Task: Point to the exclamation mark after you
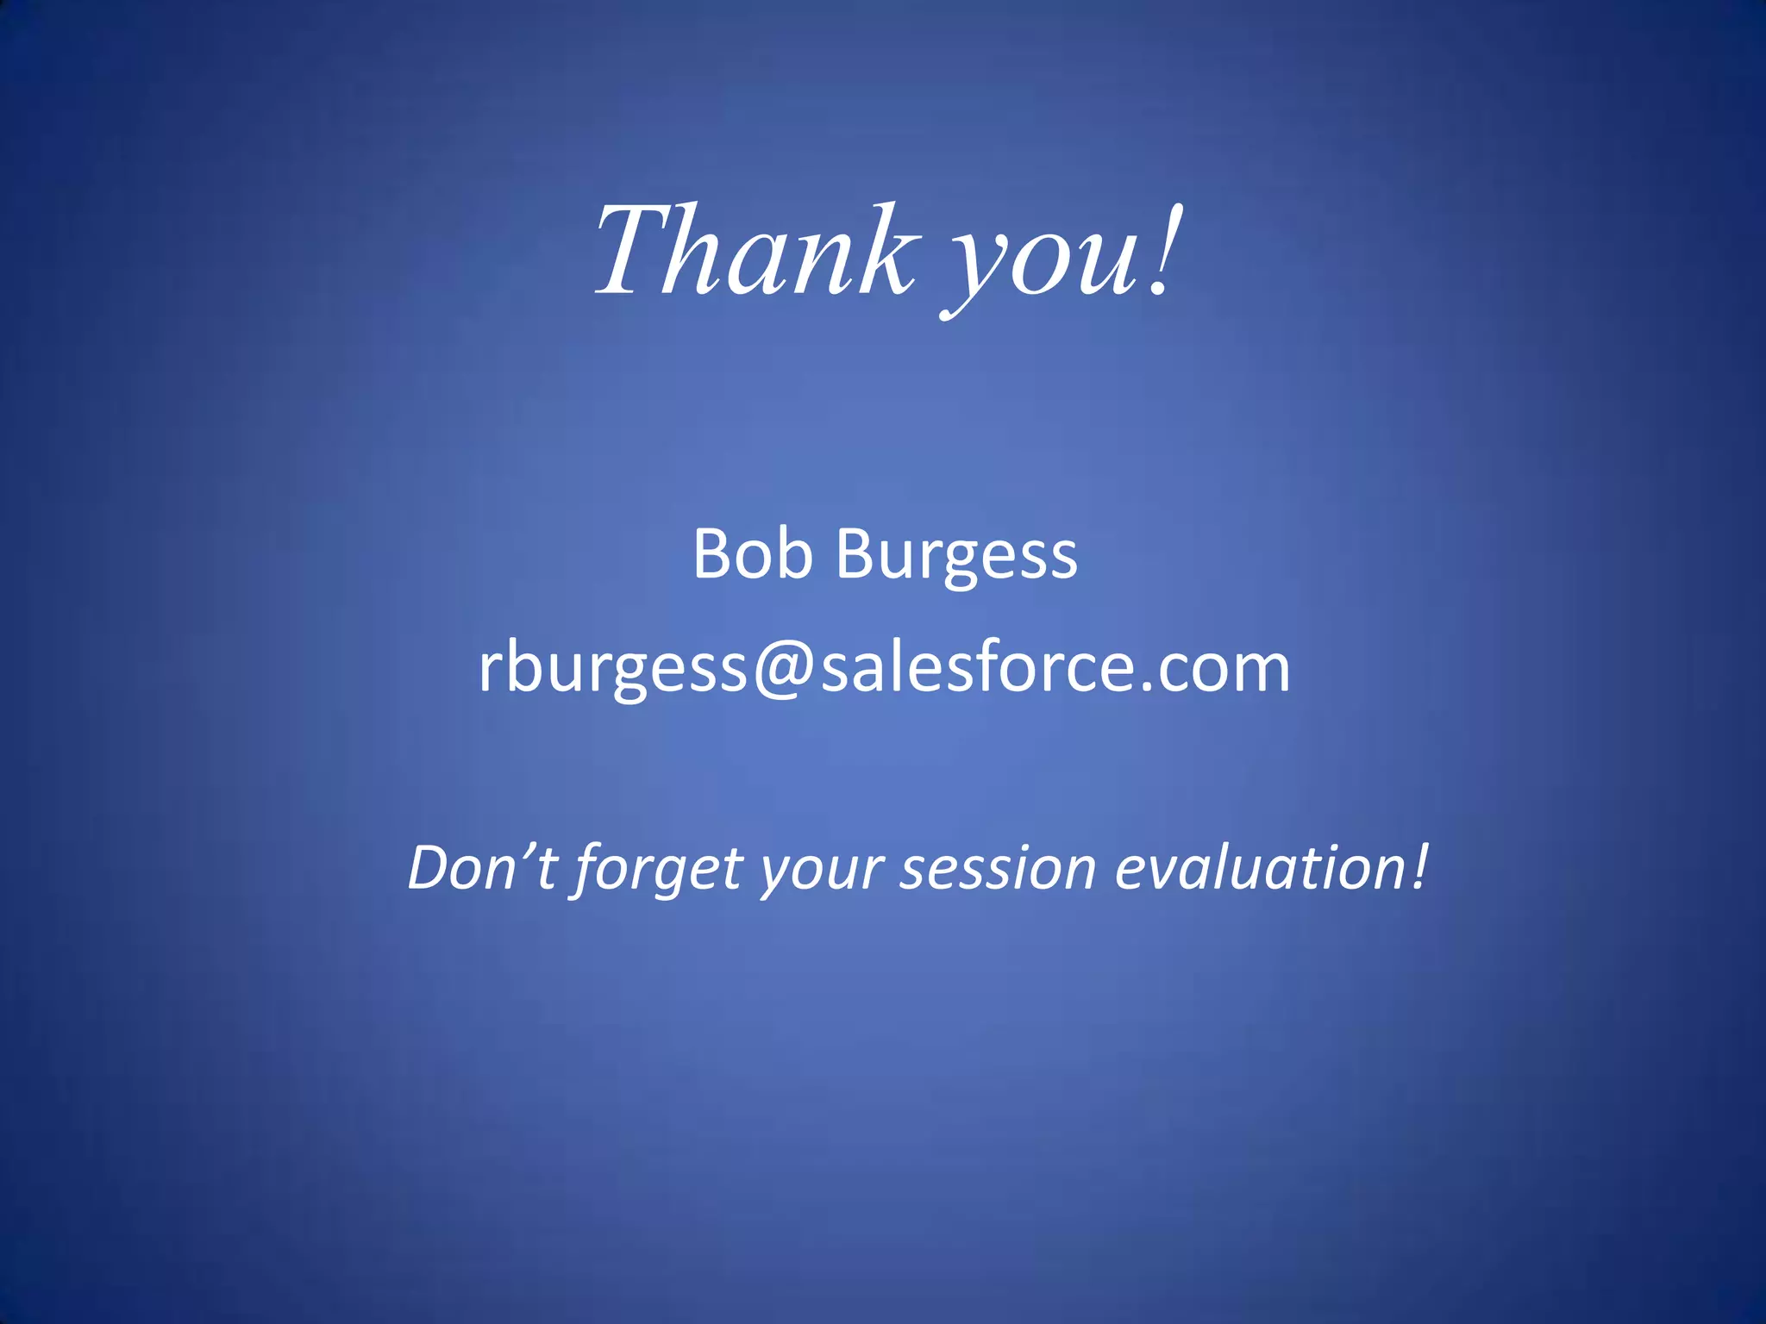point(1164,250)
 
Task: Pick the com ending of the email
point(1224,669)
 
